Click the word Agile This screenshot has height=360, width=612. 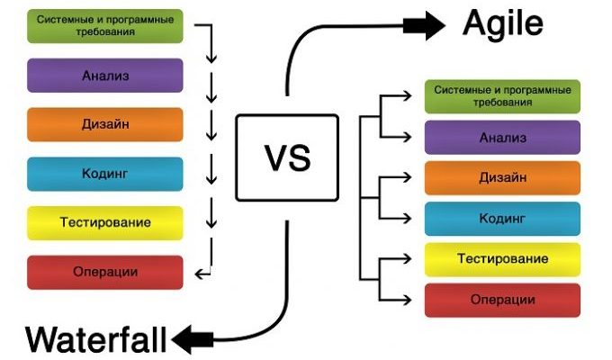click(x=502, y=24)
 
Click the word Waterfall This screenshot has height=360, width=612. click(x=96, y=339)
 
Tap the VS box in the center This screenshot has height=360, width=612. click(x=287, y=157)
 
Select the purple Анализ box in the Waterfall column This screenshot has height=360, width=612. click(x=105, y=76)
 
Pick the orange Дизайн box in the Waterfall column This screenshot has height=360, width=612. click(x=105, y=124)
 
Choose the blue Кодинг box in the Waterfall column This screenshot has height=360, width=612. click(x=105, y=174)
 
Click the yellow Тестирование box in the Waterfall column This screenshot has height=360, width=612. click(x=105, y=222)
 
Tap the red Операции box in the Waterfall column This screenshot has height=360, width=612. click(x=105, y=272)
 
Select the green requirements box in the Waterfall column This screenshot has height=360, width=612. click(x=105, y=26)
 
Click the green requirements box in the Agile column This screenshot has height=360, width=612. click(x=502, y=96)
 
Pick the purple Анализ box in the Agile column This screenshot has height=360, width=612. click(x=502, y=138)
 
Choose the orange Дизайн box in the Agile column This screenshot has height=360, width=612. click(x=502, y=178)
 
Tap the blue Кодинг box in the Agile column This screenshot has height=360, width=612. click(x=502, y=219)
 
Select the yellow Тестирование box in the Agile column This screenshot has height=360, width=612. click(x=502, y=259)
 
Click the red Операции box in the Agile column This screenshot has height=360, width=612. click(x=502, y=300)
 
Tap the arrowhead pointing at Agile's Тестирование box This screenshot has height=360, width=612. click(x=415, y=259)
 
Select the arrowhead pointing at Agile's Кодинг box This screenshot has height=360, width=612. click(x=415, y=219)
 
